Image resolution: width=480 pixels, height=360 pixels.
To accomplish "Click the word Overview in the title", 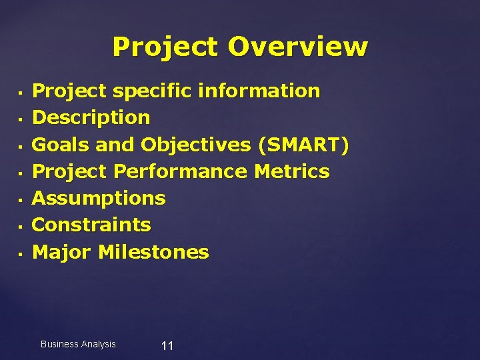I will pyautogui.click(x=297, y=47).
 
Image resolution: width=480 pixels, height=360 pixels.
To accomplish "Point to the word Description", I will pyautogui.click(x=91, y=118).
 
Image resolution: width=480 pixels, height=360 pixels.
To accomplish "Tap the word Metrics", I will pyautogui.click(x=291, y=171).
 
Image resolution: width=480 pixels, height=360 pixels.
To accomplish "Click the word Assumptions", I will pyautogui.click(x=99, y=198).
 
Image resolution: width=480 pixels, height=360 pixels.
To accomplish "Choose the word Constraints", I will pyautogui.click(x=91, y=225).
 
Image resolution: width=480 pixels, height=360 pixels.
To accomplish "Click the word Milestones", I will pyautogui.click(x=153, y=252).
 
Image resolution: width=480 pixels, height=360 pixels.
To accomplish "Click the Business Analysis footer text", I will pyautogui.click(x=78, y=344).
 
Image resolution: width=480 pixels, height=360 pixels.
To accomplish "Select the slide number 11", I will pyautogui.click(x=167, y=345).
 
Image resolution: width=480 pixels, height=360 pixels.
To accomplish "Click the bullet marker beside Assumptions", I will pyautogui.click(x=21, y=199).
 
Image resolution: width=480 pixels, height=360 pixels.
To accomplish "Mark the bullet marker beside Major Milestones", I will pyautogui.click(x=21, y=253).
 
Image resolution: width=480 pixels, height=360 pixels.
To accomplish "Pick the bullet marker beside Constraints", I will pyautogui.click(x=21, y=226).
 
